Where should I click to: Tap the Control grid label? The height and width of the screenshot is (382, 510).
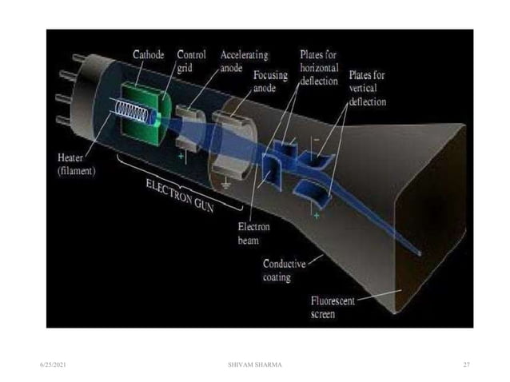190,62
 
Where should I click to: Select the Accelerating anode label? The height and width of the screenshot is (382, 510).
243,62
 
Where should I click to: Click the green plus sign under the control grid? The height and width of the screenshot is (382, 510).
181,157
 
